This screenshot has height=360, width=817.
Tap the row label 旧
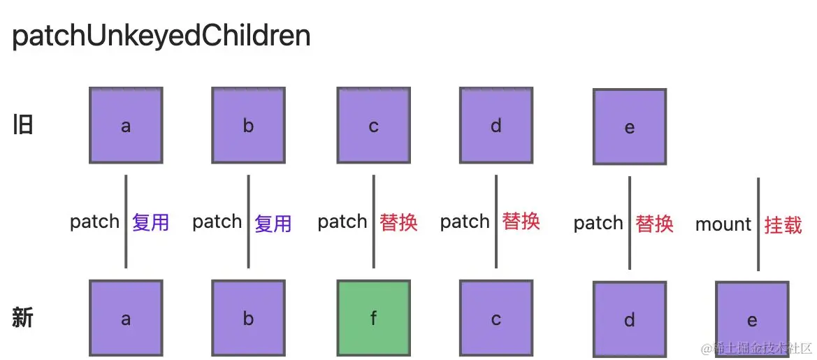pyautogui.click(x=23, y=126)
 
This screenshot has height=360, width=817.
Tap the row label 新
pyautogui.click(x=23, y=318)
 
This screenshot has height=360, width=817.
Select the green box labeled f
pyautogui.click(x=373, y=319)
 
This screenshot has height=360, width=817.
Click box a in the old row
pyautogui.click(x=126, y=125)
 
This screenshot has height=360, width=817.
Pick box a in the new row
pyautogui.click(x=126, y=319)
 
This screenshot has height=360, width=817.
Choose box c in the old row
pyautogui.click(x=373, y=125)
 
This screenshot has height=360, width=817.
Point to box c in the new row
pyautogui.click(x=496, y=319)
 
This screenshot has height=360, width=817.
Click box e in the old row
pyautogui.click(x=629, y=127)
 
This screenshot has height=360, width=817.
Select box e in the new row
pyautogui.click(x=752, y=320)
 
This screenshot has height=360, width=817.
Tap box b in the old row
pyautogui.click(x=249, y=125)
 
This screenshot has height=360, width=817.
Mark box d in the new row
pyautogui.click(x=629, y=320)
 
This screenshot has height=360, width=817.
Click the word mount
pyautogui.click(x=723, y=224)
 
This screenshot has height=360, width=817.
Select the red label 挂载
pyautogui.click(x=783, y=224)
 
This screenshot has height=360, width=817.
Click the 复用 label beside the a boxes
pyautogui.click(x=150, y=222)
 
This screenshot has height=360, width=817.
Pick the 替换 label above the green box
pyautogui.click(x=398, y=222)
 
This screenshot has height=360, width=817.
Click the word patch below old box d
pyautogui.click(x=465, y=222)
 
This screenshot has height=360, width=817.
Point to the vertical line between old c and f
pyautogui.click(x=373, y=221)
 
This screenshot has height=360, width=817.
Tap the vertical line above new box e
pyautogui.click(x=758, y=224)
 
